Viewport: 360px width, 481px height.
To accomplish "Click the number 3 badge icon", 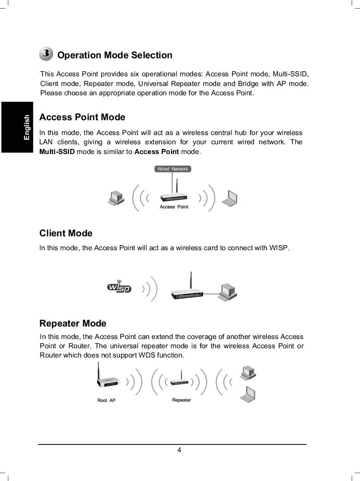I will (x=46, y=54).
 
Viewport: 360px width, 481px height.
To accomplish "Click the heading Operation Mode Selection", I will (x=115, y=55).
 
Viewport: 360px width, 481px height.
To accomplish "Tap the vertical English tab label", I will (x=27, y=127).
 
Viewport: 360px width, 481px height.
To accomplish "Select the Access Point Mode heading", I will (x=82, y=117).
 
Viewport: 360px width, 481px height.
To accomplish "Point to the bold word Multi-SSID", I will (x=57, y=152).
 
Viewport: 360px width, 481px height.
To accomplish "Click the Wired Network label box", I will (x=172, y=169).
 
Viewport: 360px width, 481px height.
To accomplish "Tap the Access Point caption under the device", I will (x=174, y=207).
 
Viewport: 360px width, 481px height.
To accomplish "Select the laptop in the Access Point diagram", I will (x=230, y=198).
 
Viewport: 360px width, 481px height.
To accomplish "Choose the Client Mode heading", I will (x=66, y=233).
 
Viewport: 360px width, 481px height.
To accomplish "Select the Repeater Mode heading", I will (x=73, y=323).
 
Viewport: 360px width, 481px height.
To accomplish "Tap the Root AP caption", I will (x=106, y=400).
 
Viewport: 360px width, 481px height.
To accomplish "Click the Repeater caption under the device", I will (x=181, y=400).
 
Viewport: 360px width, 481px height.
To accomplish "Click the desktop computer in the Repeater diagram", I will (x=248, y=373).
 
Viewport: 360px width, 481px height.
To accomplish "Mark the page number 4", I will (x=179, y=450).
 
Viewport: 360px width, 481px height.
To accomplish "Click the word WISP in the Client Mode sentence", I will (x=279, y=248).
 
